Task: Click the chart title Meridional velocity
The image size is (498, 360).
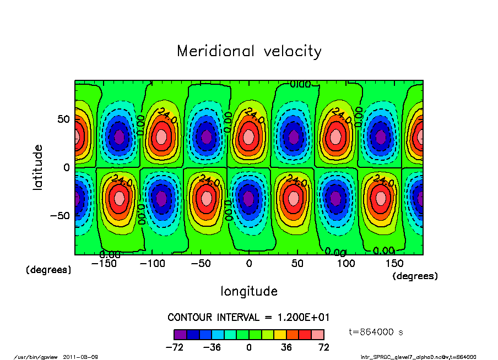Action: tap(249, 51)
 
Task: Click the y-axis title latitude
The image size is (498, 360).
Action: tap(38, 167)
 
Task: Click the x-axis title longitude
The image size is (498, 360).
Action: tap(249, 291)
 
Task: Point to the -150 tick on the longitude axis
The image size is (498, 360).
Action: tap(104, 264)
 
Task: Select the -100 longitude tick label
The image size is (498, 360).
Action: tap(153, 264)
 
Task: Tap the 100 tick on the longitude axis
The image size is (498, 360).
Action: tap(346, 264)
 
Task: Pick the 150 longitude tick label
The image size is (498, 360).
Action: tap(394, 264)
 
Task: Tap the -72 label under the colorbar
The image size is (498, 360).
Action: tap(174, 347)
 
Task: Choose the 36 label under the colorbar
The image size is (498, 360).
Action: tap(286, 347)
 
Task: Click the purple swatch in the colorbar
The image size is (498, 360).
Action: tap(180, 334)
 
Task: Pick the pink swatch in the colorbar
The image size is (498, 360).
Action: tap(318, 334)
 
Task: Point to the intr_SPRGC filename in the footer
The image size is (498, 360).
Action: tap(418, 357)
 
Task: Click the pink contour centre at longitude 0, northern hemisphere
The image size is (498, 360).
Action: tap(249, 136)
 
